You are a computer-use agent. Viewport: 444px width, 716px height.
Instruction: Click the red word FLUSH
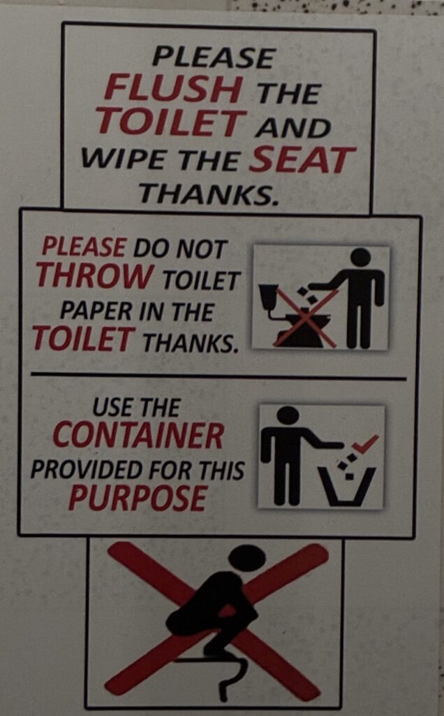tap(173, 88)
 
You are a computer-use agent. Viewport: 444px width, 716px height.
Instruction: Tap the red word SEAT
tap(302, 160)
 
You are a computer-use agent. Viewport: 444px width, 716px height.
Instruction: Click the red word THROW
tap(95, 275)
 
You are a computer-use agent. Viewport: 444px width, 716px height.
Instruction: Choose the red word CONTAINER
tap(138, 436)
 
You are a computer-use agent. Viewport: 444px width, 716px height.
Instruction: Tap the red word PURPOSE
tap(138, 497)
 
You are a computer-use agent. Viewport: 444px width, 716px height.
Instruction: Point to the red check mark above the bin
tap(366, 443)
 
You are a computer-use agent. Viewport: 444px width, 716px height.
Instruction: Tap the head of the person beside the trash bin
tap(288, 415)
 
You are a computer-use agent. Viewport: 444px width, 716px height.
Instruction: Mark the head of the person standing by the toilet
tap(361, 257)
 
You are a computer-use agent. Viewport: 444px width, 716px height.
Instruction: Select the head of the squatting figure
tap(246, 558)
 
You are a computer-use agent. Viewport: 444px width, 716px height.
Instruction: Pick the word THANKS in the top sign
tap(208, 194)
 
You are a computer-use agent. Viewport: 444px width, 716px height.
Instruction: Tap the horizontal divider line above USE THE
tap(219, 376)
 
